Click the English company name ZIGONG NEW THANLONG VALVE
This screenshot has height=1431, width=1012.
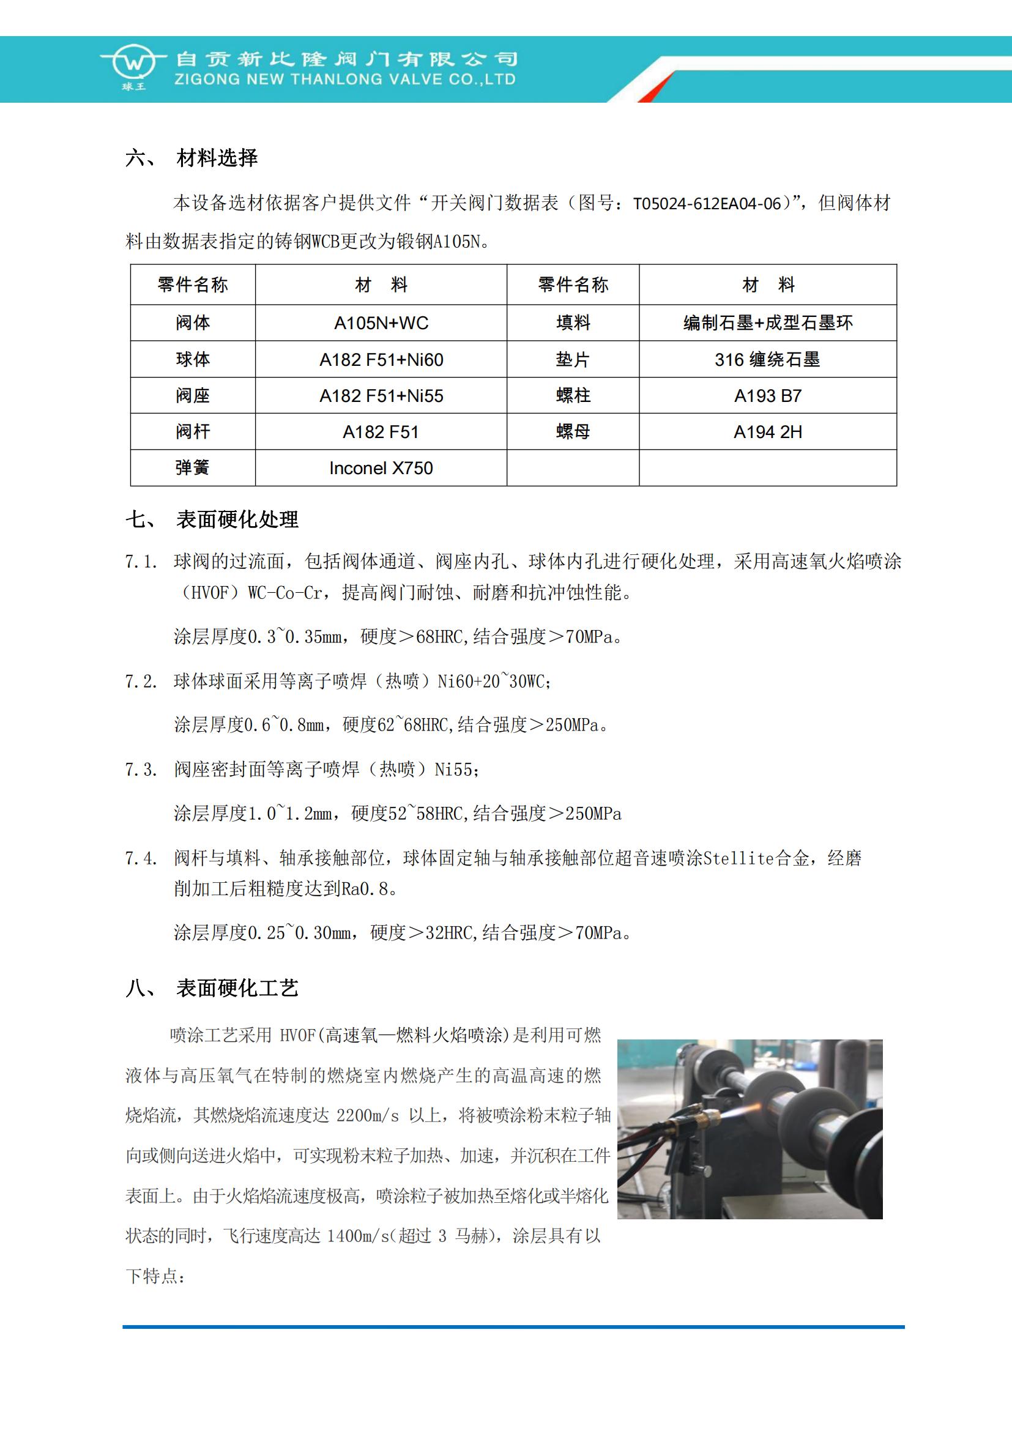pos(344,80)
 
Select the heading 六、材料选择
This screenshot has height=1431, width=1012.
pos(192,158)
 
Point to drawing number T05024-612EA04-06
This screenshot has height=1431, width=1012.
pos(707,204)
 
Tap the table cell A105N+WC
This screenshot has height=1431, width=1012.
pos(381,323)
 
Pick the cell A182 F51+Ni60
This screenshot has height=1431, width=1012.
pos(381,360)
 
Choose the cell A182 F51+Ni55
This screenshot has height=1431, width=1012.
pos(381,396)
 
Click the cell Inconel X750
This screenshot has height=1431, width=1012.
pos(381,468)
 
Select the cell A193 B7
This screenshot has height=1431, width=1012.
pos(767,396)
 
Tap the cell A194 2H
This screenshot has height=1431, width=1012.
pos(767,432)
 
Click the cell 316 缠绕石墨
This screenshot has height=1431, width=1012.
pos(767,360)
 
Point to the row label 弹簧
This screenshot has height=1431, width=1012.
pos(193,468)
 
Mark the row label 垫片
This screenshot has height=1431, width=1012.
pos(573,360)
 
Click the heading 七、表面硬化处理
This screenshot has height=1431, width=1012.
pos(212,519)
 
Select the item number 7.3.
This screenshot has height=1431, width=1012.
pos(141,770)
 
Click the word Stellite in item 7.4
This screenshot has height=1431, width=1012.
pos(739,859)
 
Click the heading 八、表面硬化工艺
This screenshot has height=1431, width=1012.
pos(212,988)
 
